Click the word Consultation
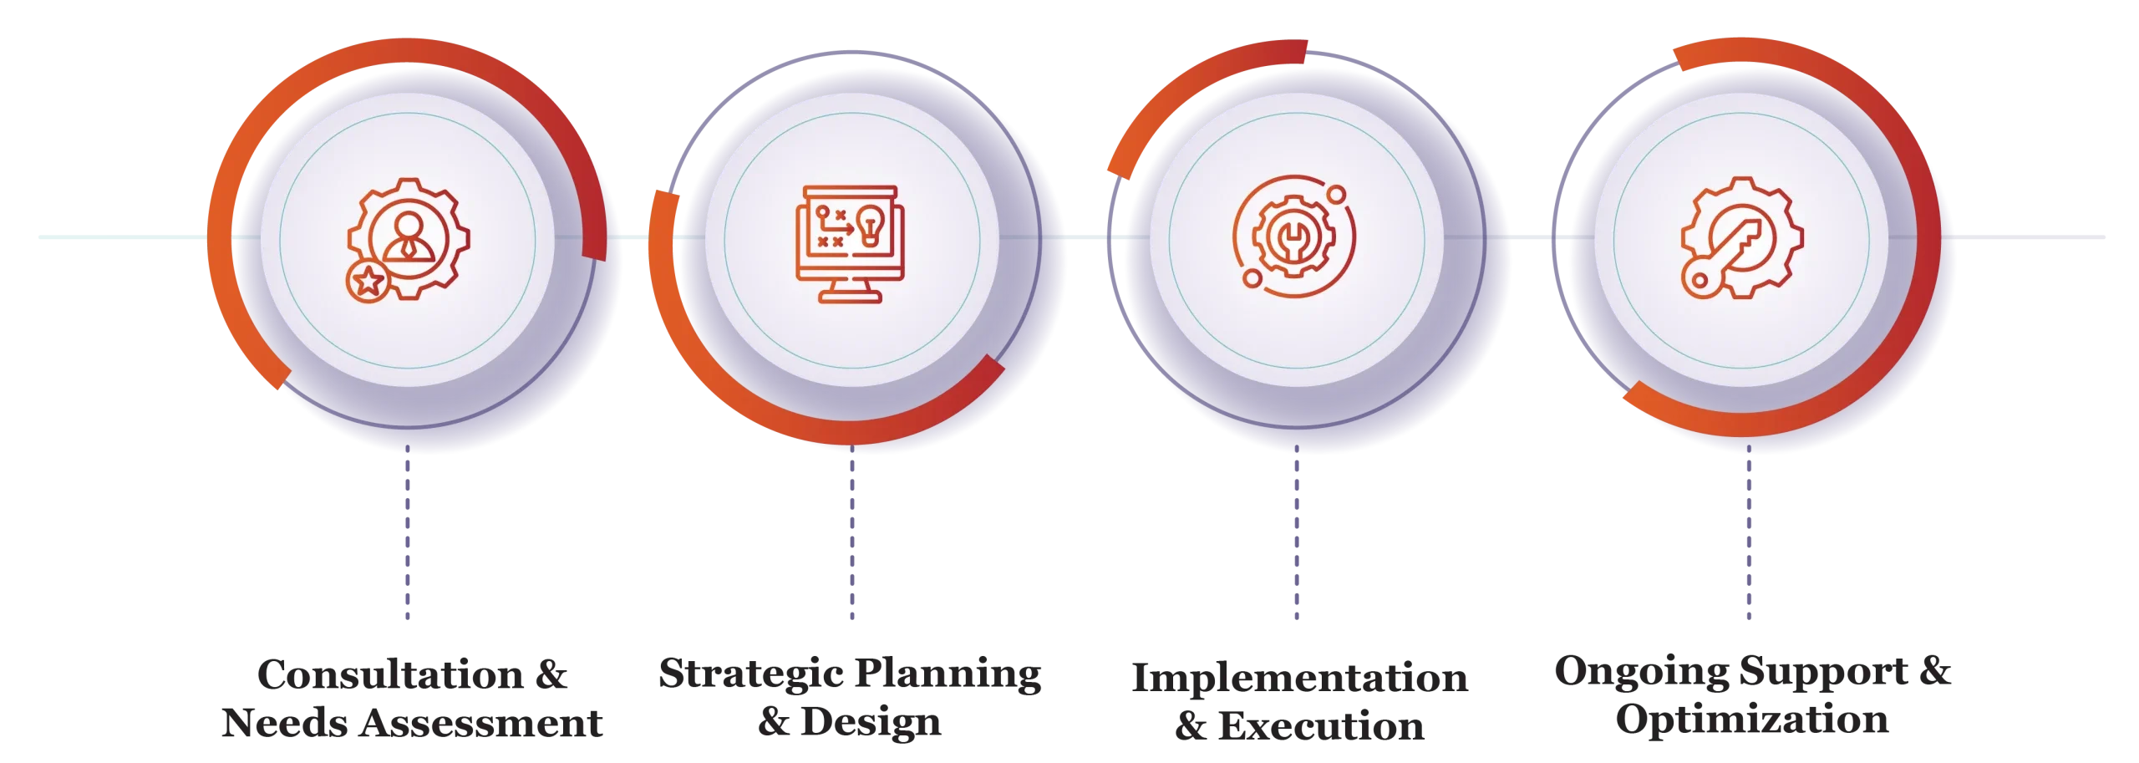pyautogui.click(x=390, y=674)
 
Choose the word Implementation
pyautogui.click(x=1299, y=679)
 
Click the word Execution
pyautogui.click(x=1321, y=726)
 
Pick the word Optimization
pyautogui.click(x=1752, y=720)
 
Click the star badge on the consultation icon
pyautogui.click(x=368, y=281)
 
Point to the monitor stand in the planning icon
pyautogui.click(x=850, y=292)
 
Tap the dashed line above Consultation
pyautogui.click(x=408, y=532)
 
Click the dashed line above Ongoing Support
pyautogui.click(x=1749, y=532)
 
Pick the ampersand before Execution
pyautogui.click(x=1191, y=726)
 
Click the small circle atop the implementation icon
pyautogui.click(x=1336, y=195)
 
